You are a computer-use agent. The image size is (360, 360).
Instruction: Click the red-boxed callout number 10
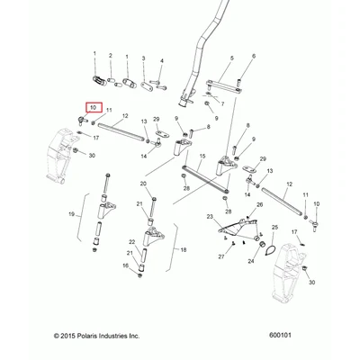point(94,108)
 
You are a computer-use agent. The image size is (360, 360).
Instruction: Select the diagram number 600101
point(280,335)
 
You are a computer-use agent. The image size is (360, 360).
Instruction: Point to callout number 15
point(202,156)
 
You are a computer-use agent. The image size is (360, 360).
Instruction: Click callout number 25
point(275,227)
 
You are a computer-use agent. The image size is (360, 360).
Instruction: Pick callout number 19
point(71,214)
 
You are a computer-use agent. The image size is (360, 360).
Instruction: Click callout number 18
point(184,249)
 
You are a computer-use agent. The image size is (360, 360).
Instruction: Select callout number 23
point(210,217)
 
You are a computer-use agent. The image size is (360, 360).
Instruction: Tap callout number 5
point(232,58)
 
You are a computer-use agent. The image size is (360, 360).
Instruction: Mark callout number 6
point(254,56)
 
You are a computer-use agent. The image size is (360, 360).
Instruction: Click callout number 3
point(143,58)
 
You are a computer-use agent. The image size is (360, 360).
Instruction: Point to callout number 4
point(162,61)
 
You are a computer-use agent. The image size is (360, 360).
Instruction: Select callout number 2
point(111,56)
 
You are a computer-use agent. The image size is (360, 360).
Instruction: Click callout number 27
point(221,256)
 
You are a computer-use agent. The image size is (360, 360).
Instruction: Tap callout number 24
point(251,261)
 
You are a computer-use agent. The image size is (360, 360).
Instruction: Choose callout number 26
point(260,204)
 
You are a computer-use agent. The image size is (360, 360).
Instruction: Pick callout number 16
point(125,265)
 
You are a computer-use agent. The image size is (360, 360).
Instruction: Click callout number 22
point(132,242)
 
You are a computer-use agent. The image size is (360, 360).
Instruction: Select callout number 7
point(222,104)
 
